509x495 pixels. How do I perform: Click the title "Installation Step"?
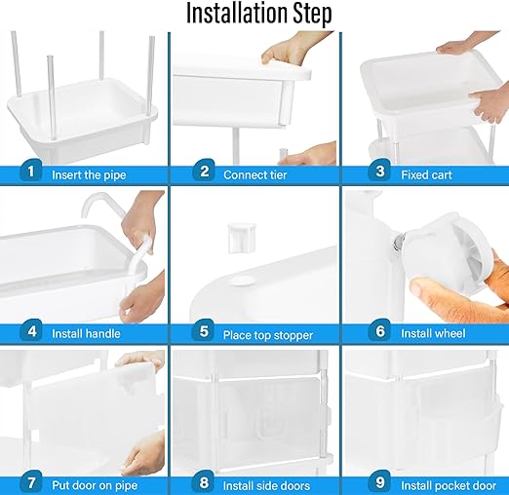coord(259,14)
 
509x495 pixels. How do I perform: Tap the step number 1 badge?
coord(31,171)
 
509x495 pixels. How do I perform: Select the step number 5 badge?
coord(204,330)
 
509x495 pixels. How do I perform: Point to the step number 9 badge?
coord(379,482)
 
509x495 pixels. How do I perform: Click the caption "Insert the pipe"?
coord(89,175)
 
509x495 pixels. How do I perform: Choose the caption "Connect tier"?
coord(255,175)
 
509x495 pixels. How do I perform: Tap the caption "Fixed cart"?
coord(426,175)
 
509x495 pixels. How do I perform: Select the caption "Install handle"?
coord(86,333)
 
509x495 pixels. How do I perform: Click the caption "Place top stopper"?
coord(268,335)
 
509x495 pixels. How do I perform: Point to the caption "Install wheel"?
coord(433,333)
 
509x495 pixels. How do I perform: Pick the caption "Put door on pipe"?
coord(95,485)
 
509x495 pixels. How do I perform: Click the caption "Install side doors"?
coord(266,486)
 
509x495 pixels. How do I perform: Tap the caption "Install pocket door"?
coord(449,486)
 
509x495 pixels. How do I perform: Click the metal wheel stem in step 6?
coord(399,242)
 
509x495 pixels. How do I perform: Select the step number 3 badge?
coord(379,171)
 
